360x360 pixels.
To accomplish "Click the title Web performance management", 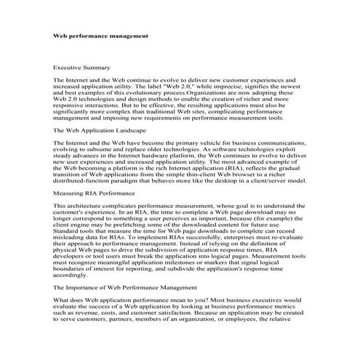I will click(102, 34).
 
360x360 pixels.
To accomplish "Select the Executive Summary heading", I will click(81, 67).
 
